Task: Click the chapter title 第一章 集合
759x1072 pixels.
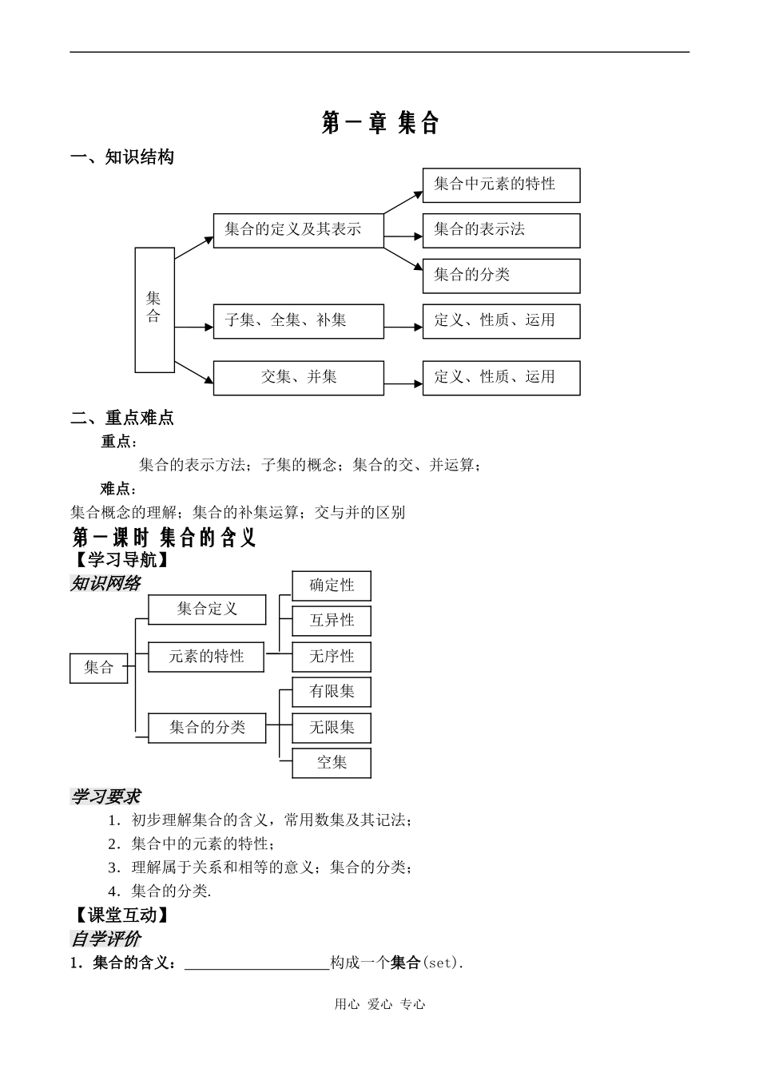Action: point(380,123)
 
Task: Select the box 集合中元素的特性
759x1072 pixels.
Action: point(501,185)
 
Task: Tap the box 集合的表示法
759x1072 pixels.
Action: point(501,231)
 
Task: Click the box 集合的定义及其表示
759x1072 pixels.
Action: point(298,231)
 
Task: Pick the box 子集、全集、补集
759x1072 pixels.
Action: point(298,321)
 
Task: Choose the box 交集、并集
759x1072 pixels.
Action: point(298,378)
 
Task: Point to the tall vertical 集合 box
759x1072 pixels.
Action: point(154,310)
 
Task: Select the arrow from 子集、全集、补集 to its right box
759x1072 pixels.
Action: point(403,328)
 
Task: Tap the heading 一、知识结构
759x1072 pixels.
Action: point(122,157)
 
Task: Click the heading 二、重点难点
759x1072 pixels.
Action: point(122,418)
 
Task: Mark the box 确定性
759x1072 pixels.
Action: point(332,586)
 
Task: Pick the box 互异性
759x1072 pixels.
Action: point(332,621)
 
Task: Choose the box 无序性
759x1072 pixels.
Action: point(332,657)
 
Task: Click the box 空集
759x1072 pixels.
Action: point(332,763)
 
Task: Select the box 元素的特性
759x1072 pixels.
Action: point(206,657)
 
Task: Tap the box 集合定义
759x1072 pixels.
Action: point(207,609)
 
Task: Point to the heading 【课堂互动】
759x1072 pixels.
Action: point(122,915)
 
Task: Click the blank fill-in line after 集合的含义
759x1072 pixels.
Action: point(256,963)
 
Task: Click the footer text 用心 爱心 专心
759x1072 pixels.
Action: point(379,1005)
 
